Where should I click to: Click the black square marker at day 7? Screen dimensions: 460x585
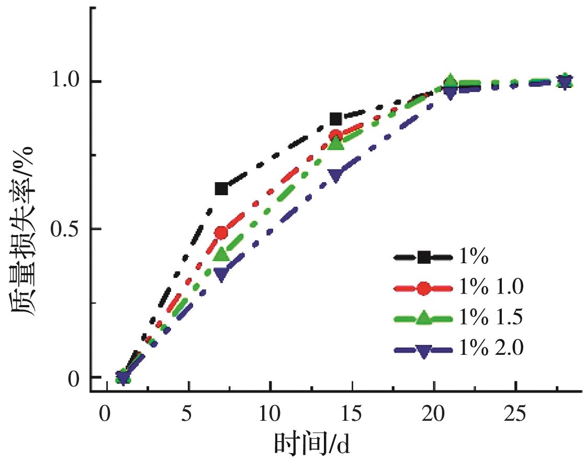(x=221, y=189)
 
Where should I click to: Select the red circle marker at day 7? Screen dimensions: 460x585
(x=221, y=232)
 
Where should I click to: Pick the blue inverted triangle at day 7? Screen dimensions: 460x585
(x=221, y=274)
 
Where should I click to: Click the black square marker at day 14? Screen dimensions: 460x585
(x=336, y=119)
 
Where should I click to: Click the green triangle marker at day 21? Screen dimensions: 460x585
(x=451, y=82)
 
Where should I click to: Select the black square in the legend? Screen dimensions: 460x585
(x=423, y=257)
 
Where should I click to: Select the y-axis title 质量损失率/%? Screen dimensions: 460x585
(x=24, y=230)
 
